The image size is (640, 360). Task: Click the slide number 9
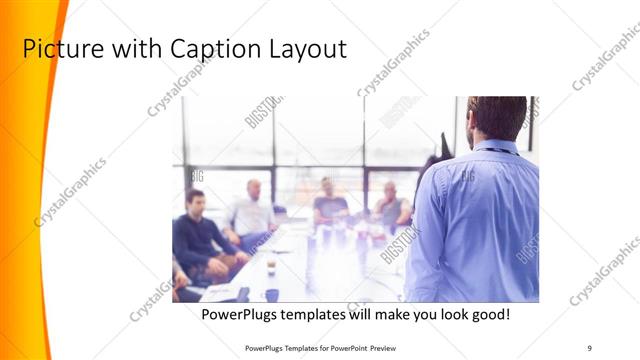tap(590, 347)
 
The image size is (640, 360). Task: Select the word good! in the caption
tap(488, 314)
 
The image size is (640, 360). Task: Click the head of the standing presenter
tap(497, 117)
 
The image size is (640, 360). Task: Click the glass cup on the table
tap(271, 264)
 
